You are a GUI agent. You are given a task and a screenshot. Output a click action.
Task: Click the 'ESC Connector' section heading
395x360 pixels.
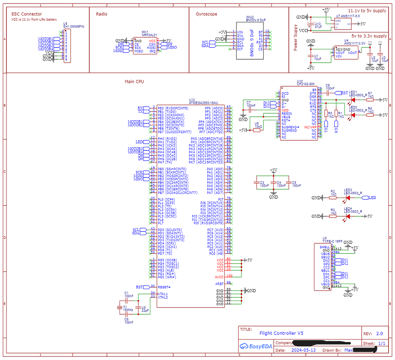[x=27, y=14]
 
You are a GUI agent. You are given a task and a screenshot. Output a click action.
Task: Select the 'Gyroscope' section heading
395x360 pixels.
[x=206, y=14]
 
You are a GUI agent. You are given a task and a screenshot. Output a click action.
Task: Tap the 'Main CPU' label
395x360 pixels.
[x=134, y=82]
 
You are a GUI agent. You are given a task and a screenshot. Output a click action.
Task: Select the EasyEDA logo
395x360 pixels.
[x=256, y=346]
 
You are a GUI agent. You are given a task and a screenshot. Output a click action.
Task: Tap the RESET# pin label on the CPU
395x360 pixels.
[x=164, y=287]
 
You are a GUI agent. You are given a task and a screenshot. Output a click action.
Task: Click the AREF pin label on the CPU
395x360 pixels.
[x=219, y=284]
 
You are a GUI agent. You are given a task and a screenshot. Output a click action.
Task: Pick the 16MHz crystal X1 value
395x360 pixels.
[x=128, y=310]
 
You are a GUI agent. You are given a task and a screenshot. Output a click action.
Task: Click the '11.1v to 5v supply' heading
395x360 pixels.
[x=367, y=11]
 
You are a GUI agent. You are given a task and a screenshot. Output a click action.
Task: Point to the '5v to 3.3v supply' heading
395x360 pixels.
[x=369, y=36]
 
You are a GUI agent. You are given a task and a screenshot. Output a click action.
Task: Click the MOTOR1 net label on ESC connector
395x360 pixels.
[x=45, y=39]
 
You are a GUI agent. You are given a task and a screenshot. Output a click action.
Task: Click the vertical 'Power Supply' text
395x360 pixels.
[x=296, y=37]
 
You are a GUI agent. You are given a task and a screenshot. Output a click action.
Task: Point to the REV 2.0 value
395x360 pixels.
[x=380, y=334]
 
